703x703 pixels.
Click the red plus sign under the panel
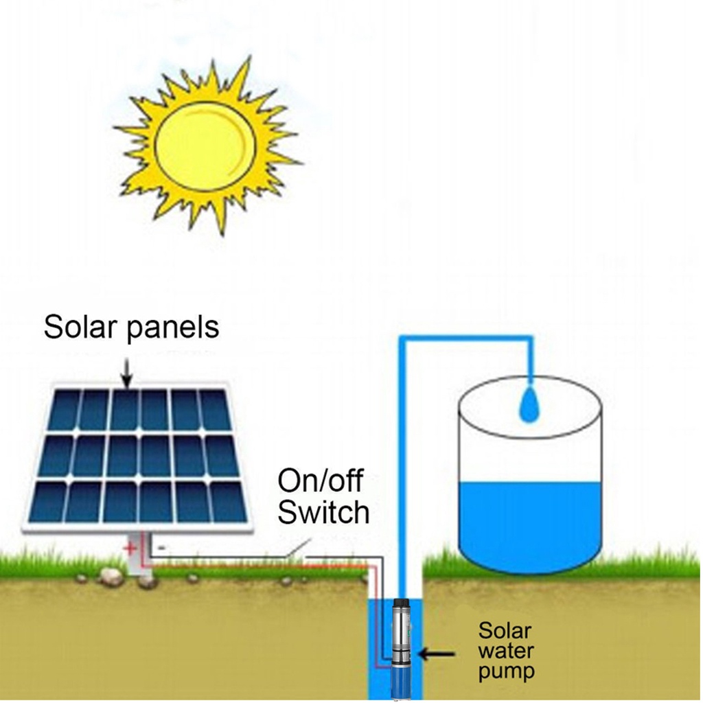point(128,549)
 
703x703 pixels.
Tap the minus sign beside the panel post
point(160,548)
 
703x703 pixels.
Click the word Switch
point(323,511)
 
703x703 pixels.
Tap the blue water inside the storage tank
point(529,522)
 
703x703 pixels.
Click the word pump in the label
point(506,671)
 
